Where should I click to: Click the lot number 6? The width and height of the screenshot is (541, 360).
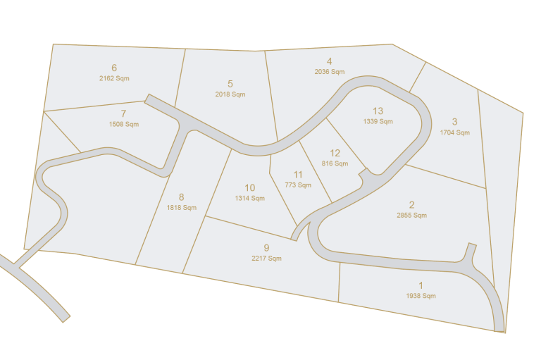click(114, 68)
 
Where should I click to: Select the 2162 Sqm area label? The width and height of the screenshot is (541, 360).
click(114, 78)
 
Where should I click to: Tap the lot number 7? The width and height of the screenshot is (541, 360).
click(123, 113)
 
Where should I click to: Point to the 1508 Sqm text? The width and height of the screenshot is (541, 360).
click(123, 124)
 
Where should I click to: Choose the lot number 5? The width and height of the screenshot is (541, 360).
click(230, 84)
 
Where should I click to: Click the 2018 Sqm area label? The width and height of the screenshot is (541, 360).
click(230, 94)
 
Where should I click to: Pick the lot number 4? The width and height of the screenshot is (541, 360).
click(329, 61)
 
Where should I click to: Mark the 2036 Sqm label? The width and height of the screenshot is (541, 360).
click(329, 72)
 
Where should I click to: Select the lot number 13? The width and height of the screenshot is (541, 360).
click(378, 111)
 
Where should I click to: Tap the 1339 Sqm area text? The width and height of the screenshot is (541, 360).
click(378, 121)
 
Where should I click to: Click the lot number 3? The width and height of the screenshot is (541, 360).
click(454, 121)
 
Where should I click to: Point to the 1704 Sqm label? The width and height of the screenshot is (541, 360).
click(454, 132)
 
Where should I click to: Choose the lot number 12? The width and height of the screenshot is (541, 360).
click(335, 153)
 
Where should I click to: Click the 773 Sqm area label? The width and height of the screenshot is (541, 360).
click(298, 185)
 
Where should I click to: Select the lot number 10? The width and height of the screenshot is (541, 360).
click(250, 187)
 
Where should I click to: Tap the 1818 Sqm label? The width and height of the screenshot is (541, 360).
click(181, 208)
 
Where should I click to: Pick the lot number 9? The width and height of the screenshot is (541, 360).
click(266, 248)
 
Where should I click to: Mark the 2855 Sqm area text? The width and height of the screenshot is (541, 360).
click(412, 215)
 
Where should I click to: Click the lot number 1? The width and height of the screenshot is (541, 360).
click(421, 285)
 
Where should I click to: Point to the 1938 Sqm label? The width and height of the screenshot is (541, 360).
click(421, 296)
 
